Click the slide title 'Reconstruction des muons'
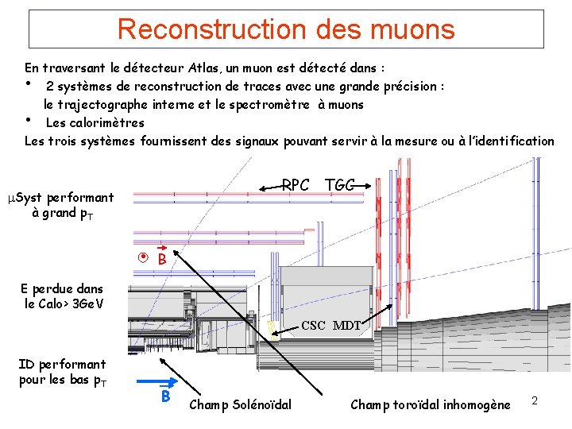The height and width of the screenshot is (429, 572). [x=286, y=29]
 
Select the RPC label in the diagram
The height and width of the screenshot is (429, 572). [x=296, y=185]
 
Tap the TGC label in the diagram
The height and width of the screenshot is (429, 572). [x=340, y=185]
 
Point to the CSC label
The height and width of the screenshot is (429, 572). [x=313, y=326]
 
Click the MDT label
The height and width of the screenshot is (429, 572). [x=347, y=326]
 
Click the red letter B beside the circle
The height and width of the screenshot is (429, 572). [x=162, y=260]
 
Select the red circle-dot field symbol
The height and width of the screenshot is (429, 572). [x=143, y=257]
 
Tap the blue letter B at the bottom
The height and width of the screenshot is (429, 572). [x=165, y=396]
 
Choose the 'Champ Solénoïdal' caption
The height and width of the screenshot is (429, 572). [x=241, y=405]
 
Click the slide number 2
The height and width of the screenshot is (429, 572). [x=535, y=401]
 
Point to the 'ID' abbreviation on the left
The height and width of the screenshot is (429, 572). [x=25, y=364]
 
